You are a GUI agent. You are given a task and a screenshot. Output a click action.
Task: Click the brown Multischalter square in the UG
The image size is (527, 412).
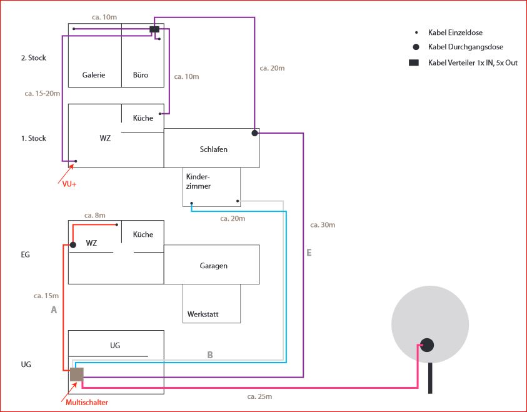76,374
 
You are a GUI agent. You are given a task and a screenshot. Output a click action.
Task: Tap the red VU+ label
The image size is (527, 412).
70,184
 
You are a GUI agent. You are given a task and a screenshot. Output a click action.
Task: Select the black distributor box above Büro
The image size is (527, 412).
154,29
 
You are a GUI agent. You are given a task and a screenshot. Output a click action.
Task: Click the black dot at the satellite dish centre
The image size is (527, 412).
427,344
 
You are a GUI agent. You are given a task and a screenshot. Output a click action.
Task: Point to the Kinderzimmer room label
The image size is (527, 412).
198,181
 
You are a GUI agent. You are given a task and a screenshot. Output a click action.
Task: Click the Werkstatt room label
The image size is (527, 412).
203,314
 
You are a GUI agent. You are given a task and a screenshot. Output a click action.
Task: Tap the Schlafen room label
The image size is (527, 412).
213,149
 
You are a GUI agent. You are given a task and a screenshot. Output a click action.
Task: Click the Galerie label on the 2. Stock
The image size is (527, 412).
94,75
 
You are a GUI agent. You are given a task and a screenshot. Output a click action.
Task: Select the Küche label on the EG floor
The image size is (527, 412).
143,234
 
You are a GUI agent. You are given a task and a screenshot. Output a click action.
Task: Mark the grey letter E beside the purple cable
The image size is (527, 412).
309,253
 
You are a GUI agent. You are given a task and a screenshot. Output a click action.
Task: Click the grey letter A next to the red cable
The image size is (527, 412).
54,309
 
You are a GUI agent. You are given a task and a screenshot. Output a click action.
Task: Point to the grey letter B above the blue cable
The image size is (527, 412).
210,354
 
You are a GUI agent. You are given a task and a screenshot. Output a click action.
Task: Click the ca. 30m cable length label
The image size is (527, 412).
323,224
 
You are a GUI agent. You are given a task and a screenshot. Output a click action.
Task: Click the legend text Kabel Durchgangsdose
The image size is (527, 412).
465,47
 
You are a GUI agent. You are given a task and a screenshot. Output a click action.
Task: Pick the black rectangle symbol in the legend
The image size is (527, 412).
413,63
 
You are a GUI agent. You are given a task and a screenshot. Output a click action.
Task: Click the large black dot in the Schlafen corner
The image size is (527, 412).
254,133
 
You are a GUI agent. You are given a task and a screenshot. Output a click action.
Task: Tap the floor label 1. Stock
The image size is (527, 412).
33,138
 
